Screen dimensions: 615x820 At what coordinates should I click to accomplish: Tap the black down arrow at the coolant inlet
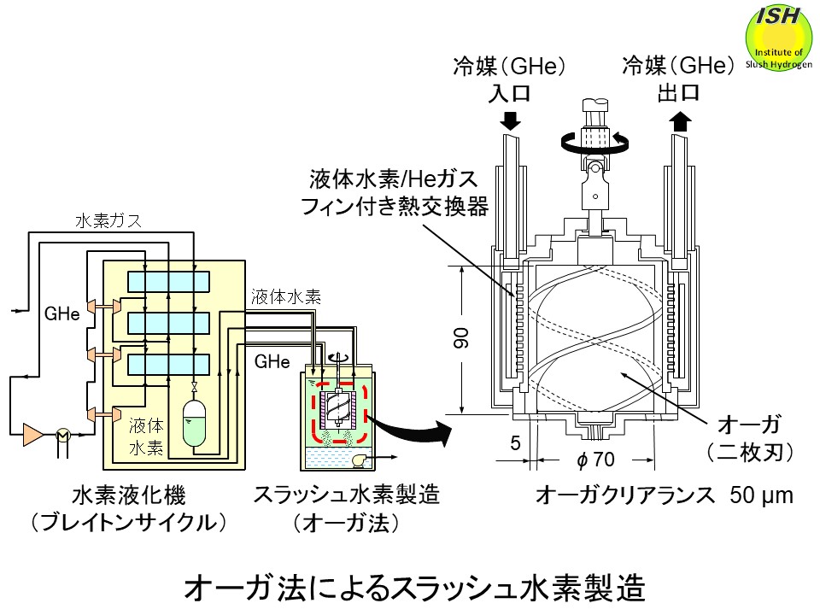(x=510, y=120)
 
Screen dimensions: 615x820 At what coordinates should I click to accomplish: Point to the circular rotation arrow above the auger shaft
(x=596, y=142)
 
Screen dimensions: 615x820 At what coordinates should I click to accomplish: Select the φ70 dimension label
(x=596, y=460)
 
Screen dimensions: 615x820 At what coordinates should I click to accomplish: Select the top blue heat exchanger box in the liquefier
(x=167, y=281)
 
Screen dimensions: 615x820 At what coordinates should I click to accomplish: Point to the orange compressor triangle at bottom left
(x=33, y=433)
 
